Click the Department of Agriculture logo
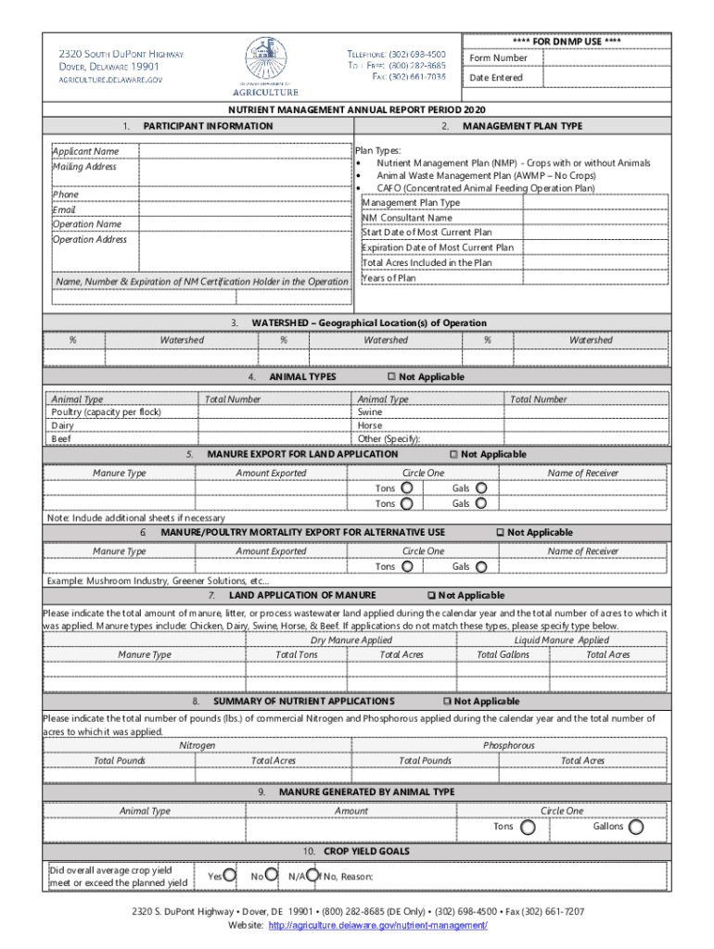click(272, 67)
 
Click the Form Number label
click(498, 58)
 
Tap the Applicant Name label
click(85, 151)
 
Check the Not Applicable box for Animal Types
click(391, 377)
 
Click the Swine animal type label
click(370, 412)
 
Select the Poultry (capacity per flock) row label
click(107, 412)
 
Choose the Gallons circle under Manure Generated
click(635, 827)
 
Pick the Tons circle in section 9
click(527, 827)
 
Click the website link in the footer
click(377, 926)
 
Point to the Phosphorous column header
click(508, 745)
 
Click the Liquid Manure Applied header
click(562, 640)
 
